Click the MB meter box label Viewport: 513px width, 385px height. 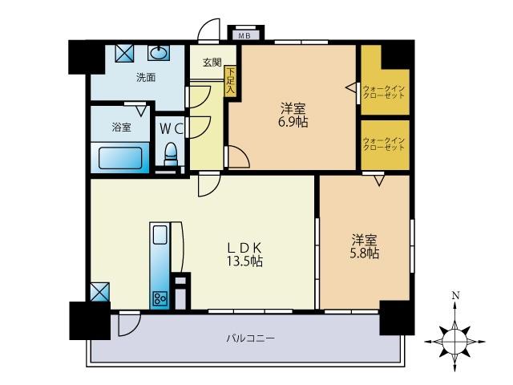[242, 35]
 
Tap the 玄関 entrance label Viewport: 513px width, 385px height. [212, 63]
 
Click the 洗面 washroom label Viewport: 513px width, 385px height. [146, 78]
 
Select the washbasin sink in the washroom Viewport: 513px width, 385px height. [159, 53]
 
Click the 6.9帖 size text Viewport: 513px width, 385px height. [293, 123]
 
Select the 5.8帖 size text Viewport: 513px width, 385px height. [365, 253]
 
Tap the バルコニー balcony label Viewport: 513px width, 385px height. [249, 338]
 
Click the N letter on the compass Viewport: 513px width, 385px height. [455, 296]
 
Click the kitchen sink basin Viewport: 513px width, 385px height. [160, 236]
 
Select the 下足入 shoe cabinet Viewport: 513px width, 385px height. [231, 81]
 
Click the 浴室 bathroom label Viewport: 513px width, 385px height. [121, 127]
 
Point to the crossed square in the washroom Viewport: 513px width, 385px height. [125, 53]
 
